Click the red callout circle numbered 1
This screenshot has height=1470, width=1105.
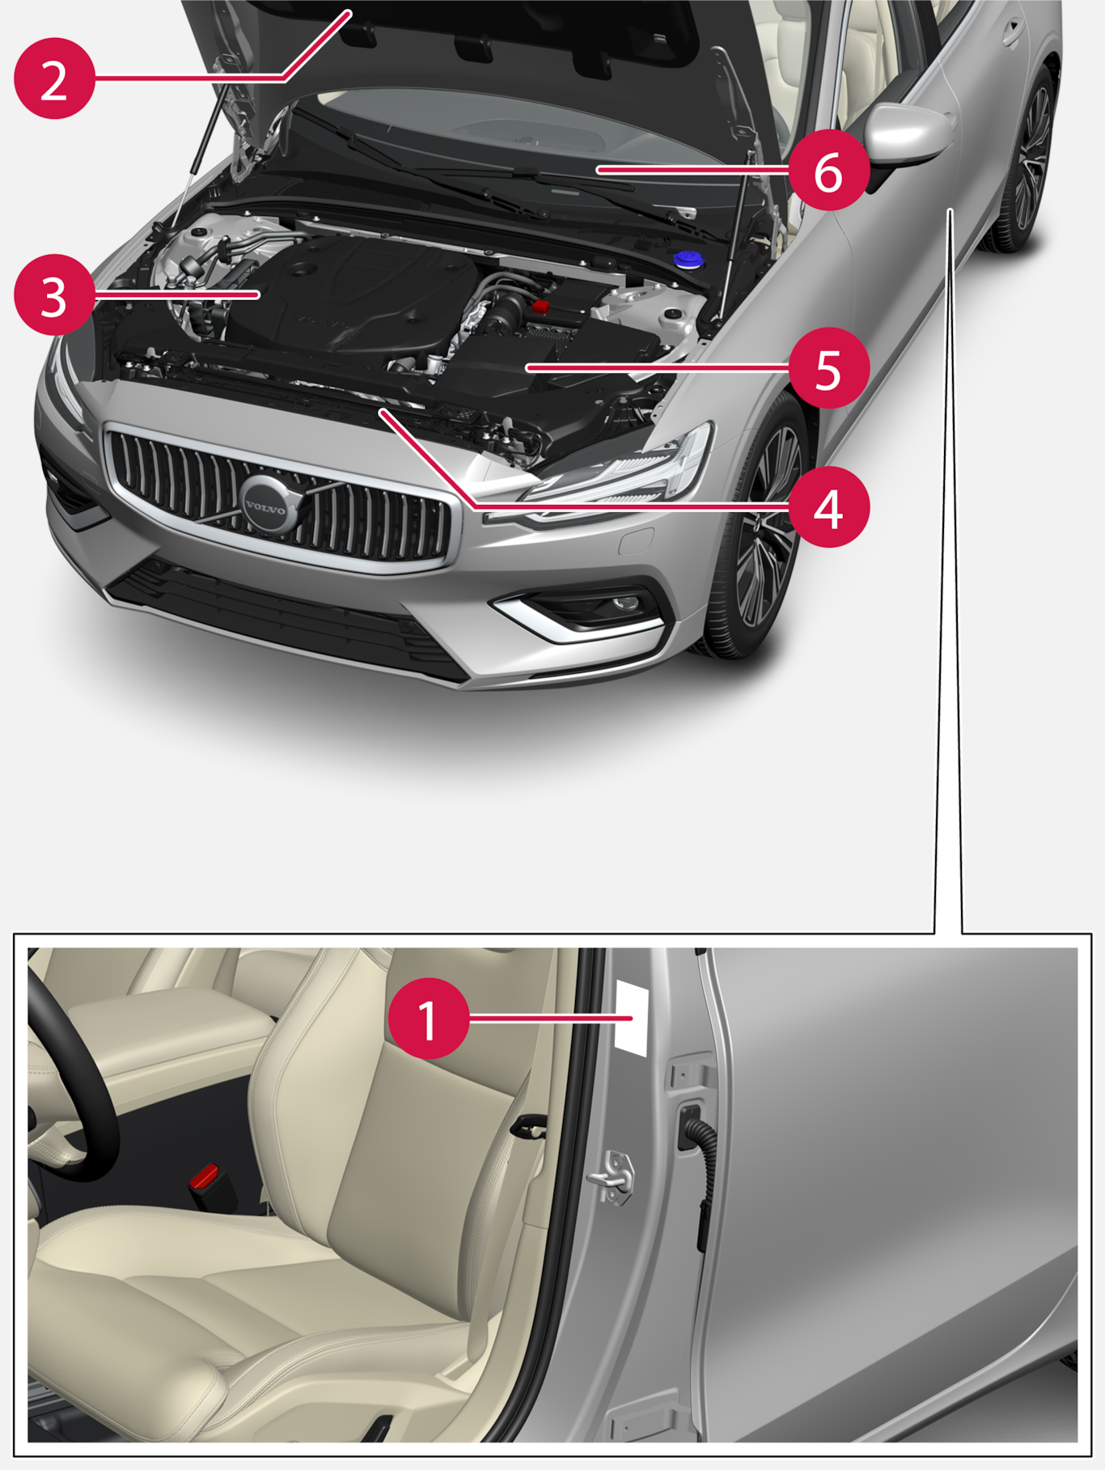tap(429, 1019)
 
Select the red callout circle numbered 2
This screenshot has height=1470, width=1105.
tap(54, 79)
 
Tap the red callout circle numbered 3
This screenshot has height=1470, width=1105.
tap(54, 295)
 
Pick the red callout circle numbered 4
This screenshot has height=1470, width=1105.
tap(829, 507)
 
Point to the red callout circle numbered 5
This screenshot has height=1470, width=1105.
tap(829, 368)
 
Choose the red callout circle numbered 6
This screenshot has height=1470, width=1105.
tap(829, 171)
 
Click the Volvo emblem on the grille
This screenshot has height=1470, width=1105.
tap(265, 506)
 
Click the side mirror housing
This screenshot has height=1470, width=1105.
tap(908, 138)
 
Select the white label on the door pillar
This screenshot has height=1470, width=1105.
tap(632, 1016)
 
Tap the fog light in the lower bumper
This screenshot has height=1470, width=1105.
tap(624, 604)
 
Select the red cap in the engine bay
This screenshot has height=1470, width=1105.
tap(540, 305)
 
